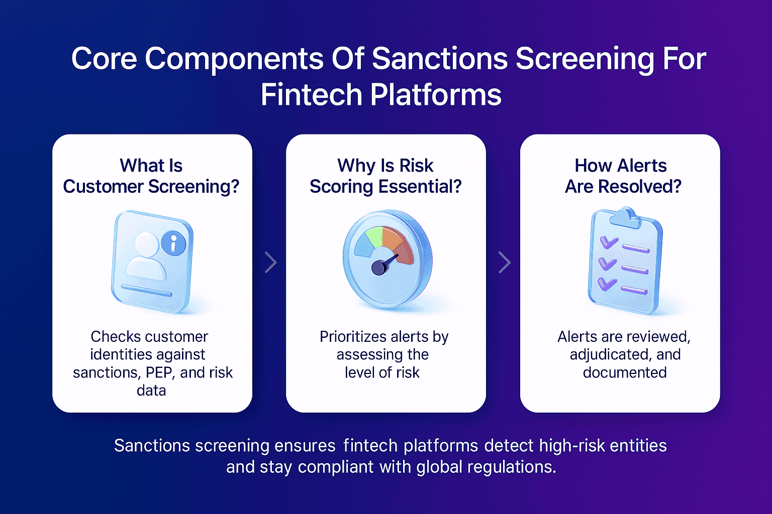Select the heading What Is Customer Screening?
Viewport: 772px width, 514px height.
point(151,176)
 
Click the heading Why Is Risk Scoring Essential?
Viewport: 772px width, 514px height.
point(385,176)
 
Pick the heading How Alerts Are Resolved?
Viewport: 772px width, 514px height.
point(623,176)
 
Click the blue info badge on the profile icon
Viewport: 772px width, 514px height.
point(173,244)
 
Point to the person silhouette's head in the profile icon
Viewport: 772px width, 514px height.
point(147,244)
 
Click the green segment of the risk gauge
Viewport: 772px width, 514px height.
point(373,236)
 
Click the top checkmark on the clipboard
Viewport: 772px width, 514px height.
point(609,243)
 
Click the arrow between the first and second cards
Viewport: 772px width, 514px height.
point(270,262)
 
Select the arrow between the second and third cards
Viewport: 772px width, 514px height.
point(504,262)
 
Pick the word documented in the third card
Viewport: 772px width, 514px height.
point(625,372)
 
